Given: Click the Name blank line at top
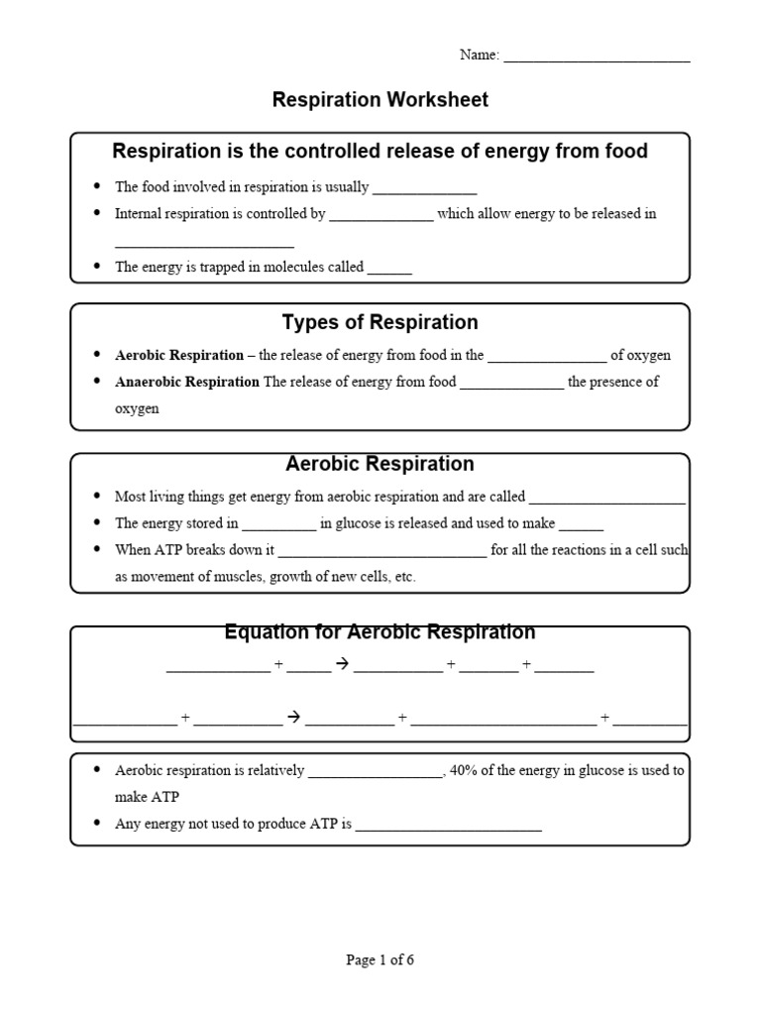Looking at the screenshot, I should pos(597,57).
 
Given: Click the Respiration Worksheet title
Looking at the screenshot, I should pos(380,100).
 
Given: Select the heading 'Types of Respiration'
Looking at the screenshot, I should pos(380,322).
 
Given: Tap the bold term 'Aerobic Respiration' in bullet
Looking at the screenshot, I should pos(179,355).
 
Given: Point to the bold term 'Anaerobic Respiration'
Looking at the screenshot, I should pos(187,382).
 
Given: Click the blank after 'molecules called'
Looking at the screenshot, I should pos(389,269).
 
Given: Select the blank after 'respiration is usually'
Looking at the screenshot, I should pos(425,188).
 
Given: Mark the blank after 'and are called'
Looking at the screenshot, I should pos(607,499).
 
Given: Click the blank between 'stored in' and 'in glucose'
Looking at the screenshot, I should pos(279,525).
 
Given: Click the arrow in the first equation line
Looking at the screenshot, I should pos(343,665).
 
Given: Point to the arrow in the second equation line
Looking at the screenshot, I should pos(293,716).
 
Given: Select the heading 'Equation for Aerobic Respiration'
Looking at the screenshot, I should pos(380,632).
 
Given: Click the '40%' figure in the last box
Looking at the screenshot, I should pos(464,770).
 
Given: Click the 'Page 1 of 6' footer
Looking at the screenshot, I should pos(380,959).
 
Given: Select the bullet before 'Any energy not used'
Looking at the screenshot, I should pos(96,823).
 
